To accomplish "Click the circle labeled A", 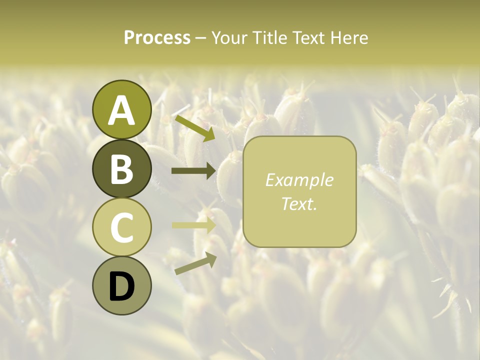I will (122, 109).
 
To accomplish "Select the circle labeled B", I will (122, 168).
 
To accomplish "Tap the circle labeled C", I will (122, 227).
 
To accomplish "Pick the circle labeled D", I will (122, 286).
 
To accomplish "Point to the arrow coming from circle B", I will (194, 171).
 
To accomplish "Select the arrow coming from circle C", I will (194, 225).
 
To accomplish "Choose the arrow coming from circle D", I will (195, 263).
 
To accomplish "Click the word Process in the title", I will (157, 37).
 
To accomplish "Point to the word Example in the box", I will (299, 180).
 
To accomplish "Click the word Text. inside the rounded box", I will (299, 203).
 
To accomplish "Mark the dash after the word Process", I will (200, 38).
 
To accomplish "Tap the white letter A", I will (122, 110).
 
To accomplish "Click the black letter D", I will (122, 287).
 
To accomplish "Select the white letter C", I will (122, 228).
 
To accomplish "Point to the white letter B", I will (122, 169).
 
